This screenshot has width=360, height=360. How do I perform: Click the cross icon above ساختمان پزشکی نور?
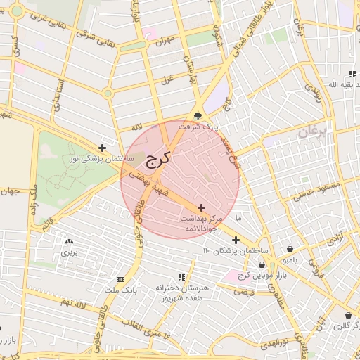pos(103,148)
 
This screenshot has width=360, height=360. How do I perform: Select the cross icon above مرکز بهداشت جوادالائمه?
pos(202,207)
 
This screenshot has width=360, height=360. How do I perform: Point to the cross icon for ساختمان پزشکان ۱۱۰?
pos(236,240)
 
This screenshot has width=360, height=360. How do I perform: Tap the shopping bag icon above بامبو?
pos(290,249)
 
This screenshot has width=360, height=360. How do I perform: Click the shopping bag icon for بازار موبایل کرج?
pos(262,264)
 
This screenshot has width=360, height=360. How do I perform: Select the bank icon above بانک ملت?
pos(120,279)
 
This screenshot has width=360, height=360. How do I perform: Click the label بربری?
pos(68,251)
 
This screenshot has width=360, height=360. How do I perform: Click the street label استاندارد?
pos(56,96)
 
